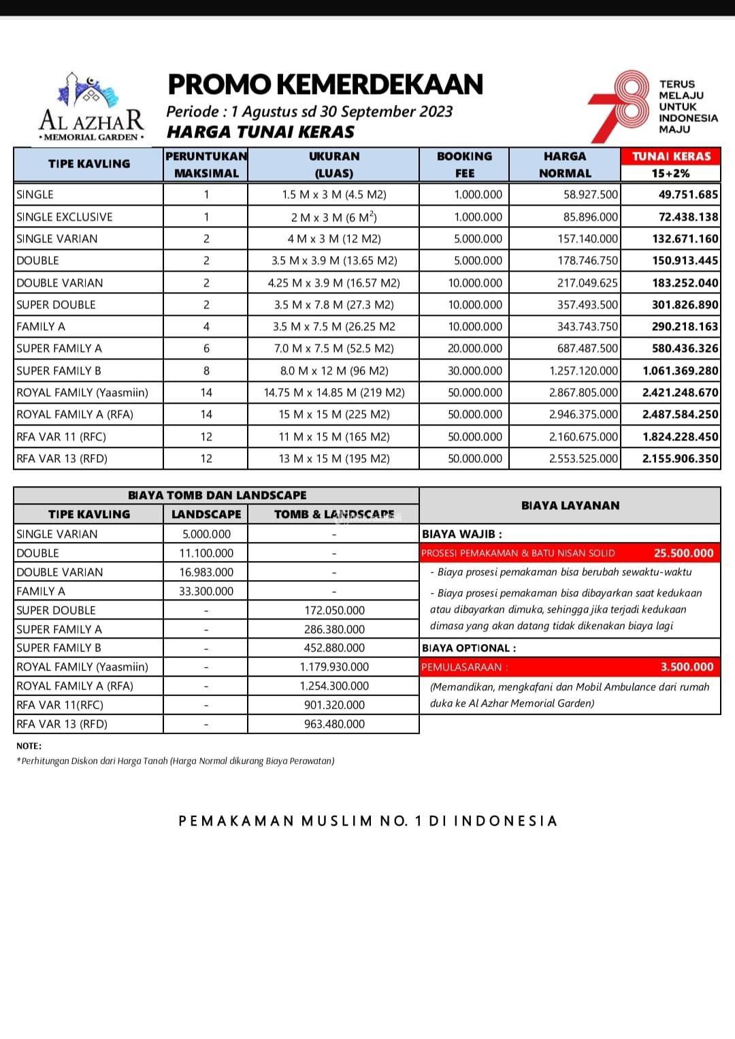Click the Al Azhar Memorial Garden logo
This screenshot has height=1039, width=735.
[92, 107]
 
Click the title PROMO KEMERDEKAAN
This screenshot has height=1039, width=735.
[325, 84]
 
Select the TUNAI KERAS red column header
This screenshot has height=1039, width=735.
[671, 156]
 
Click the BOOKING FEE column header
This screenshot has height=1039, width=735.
[464, 164]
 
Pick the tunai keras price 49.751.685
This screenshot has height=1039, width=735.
[688, 195]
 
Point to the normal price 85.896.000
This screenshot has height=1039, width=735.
[591, 217]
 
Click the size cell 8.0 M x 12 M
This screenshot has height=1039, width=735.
[334, 371]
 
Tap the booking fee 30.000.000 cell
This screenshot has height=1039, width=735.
[475, 371]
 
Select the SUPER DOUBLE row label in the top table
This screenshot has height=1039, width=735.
[56, 305]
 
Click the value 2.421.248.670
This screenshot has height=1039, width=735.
[680, 393]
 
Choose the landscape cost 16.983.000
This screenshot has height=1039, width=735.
[206, 573]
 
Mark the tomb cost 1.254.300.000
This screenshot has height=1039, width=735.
[334, 686]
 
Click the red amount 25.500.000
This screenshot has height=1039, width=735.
[683, 554]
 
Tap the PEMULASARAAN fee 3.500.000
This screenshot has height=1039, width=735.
[687, 667]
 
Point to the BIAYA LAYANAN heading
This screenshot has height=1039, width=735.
[570, 506]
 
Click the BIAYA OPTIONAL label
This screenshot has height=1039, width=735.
[469, 648]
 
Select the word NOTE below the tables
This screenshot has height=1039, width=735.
[29, 746]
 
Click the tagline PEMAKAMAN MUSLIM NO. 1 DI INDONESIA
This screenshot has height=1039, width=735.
[367, 821]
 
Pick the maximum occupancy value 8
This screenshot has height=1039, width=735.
[206, 371]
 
